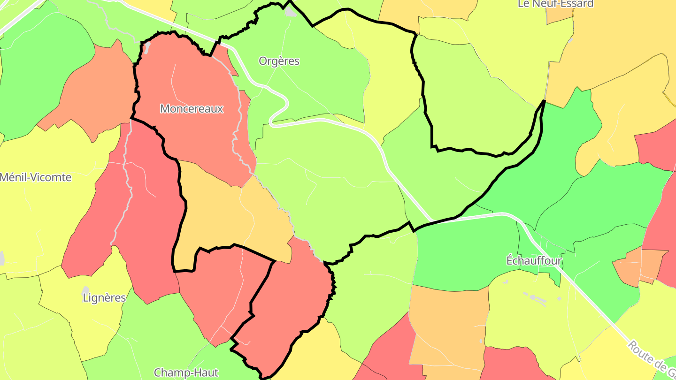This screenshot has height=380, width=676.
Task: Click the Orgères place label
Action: (x=279, y=61)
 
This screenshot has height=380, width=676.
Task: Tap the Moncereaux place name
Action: (x=192, y=109)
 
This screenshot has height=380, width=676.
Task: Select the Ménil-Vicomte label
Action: (x=36, y=177)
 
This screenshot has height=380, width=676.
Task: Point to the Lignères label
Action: (x=104, y=297)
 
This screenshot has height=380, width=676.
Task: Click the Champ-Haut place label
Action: (x=186, y=373)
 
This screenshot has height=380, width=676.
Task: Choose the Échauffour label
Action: (x=534, y=260)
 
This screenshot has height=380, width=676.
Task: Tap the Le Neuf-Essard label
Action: (x=555, y=4)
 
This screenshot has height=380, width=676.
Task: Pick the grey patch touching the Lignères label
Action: (x=85, y=291)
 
